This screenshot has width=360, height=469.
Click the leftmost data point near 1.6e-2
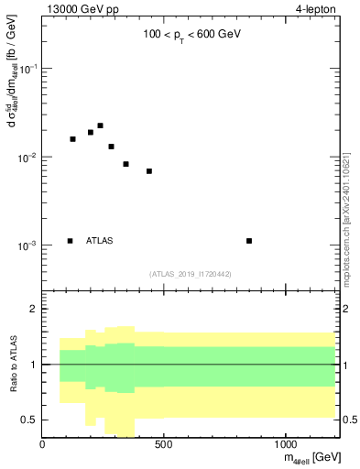pyautogui.click(x=73, y=139)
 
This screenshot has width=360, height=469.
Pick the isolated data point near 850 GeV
pyautogui.click(x=249, y=241)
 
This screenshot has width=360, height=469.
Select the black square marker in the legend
pyautogui.click(x=71, y=241)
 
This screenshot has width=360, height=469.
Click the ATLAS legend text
pyautogui.click(x=100, y=241)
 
